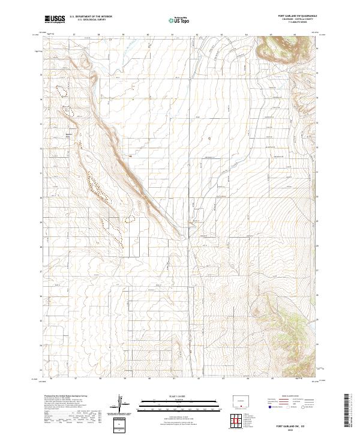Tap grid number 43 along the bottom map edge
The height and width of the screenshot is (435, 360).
pos(223,379)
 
